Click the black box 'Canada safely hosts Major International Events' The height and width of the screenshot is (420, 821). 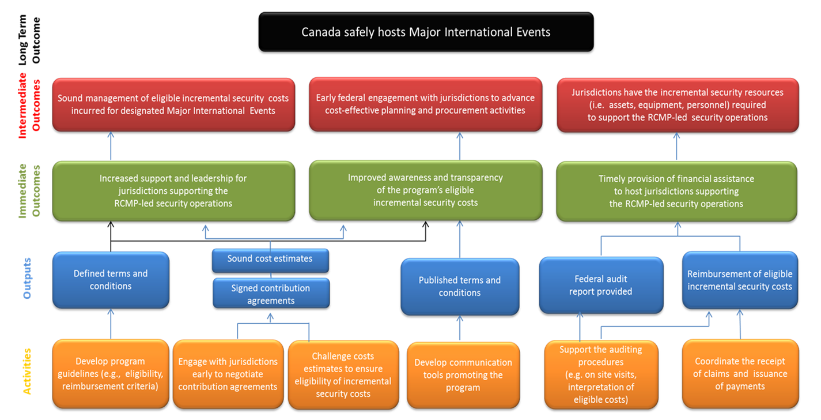(426, 32)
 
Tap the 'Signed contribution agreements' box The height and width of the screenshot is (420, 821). (271, 293)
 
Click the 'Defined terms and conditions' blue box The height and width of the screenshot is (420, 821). (111, 280)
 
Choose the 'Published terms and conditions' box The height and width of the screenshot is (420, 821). (460, 286)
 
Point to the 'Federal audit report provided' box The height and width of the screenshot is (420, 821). (601, 285)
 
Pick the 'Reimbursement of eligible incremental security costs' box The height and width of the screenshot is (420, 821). (740, 280)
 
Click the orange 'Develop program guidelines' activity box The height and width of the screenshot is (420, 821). (110, 374)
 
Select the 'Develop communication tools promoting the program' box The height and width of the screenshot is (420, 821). (463, 375)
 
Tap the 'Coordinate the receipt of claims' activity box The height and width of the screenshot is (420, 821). (740, 374)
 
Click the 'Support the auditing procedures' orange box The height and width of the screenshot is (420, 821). (601, 374)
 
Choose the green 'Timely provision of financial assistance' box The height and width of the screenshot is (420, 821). (676, 192)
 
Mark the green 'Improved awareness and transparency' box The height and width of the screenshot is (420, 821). (426, 190)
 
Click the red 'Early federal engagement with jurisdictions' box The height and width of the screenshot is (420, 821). (426, 104)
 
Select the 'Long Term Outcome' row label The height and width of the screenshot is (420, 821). (29, 40)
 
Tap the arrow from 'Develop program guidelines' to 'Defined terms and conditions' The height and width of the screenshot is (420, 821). (111, 324)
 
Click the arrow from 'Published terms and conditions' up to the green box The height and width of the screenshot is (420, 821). (460, 239)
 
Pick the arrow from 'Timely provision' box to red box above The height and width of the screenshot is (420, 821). (676, 146)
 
